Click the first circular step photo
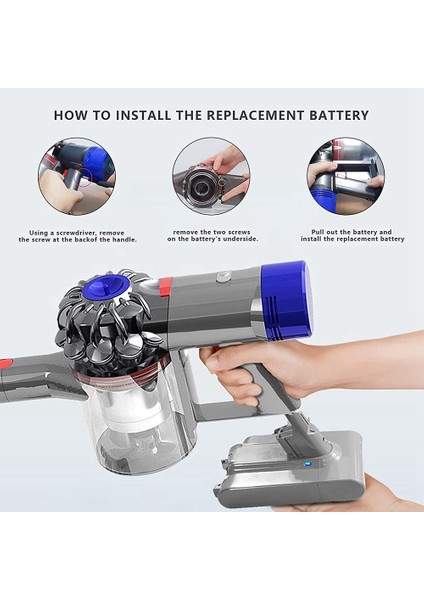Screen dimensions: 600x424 (x=77, y=176)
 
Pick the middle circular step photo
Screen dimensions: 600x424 (x=211, y=176)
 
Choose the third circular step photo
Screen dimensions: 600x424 (x=345, y=176)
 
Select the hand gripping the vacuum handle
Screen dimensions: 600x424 (x=250, y=365)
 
